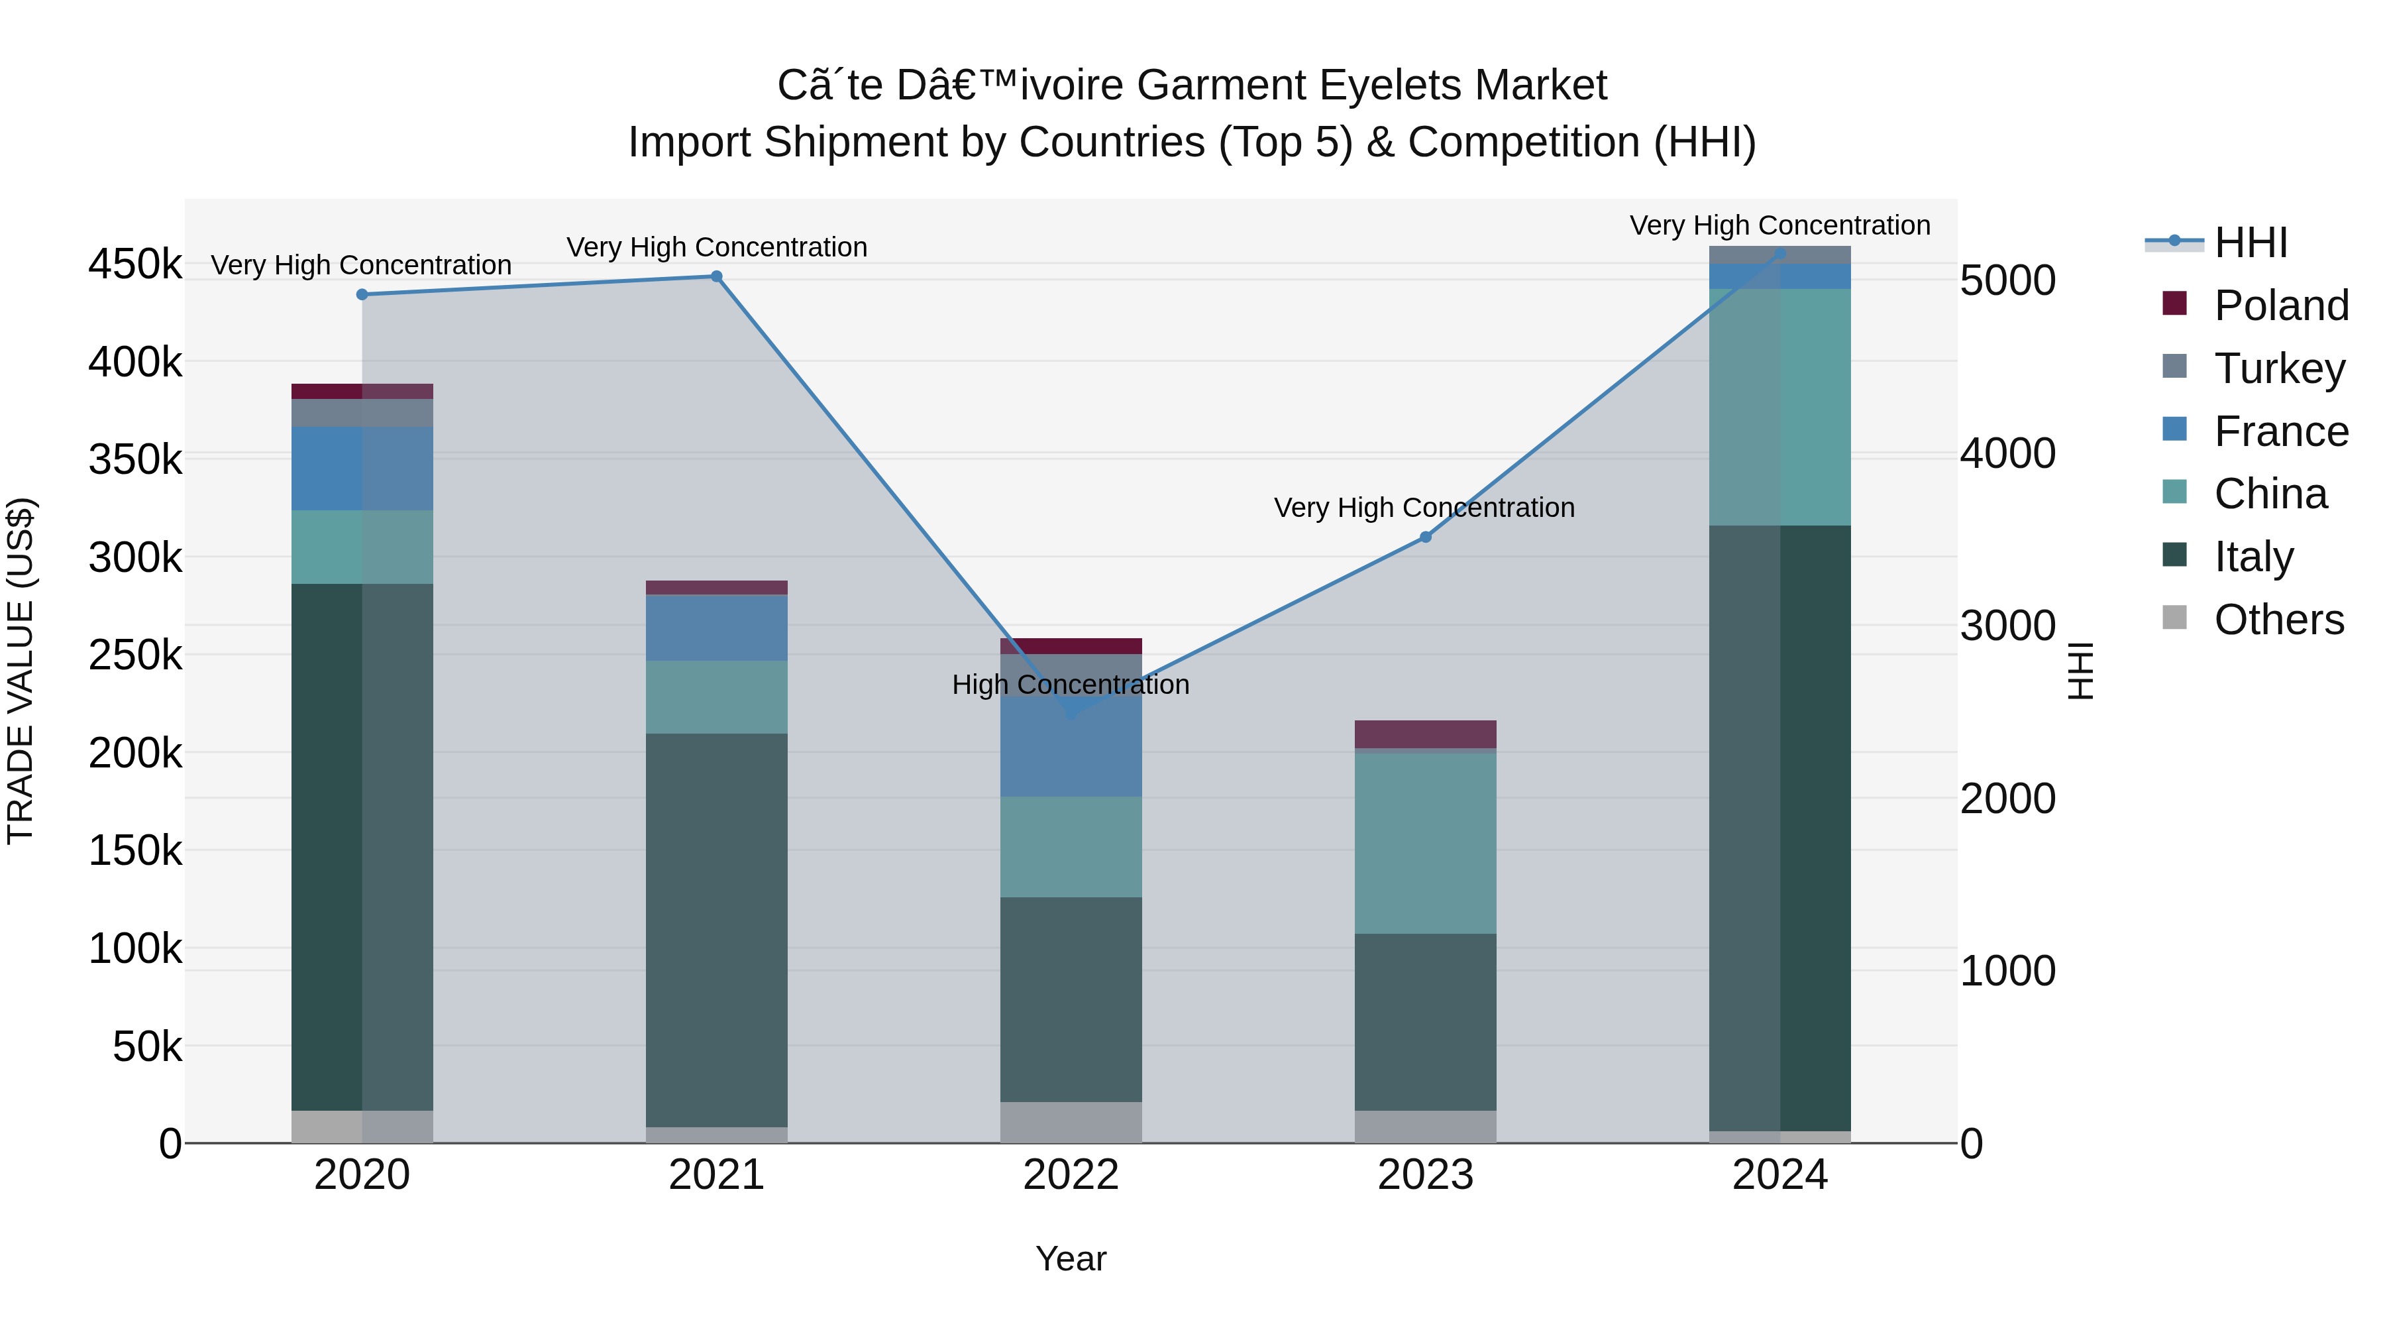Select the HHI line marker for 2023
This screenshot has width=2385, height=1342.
[x=1426, y=537]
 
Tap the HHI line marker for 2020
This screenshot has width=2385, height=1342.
[x=362, y=294]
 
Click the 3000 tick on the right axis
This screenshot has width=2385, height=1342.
[x=2007, y=626]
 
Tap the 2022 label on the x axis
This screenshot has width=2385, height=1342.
[x=1071, y=1175]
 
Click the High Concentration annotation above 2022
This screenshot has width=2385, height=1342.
[x=1071, y=685]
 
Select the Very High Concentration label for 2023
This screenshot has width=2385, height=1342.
[x=1424, y=508]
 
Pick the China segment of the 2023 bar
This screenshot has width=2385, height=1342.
[x=1426, y=843]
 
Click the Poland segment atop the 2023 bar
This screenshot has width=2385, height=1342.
[x=1426, y=734]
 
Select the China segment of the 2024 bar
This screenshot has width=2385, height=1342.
[x=1779, y=408]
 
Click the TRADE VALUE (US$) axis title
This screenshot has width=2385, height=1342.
[x=21, y=671]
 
